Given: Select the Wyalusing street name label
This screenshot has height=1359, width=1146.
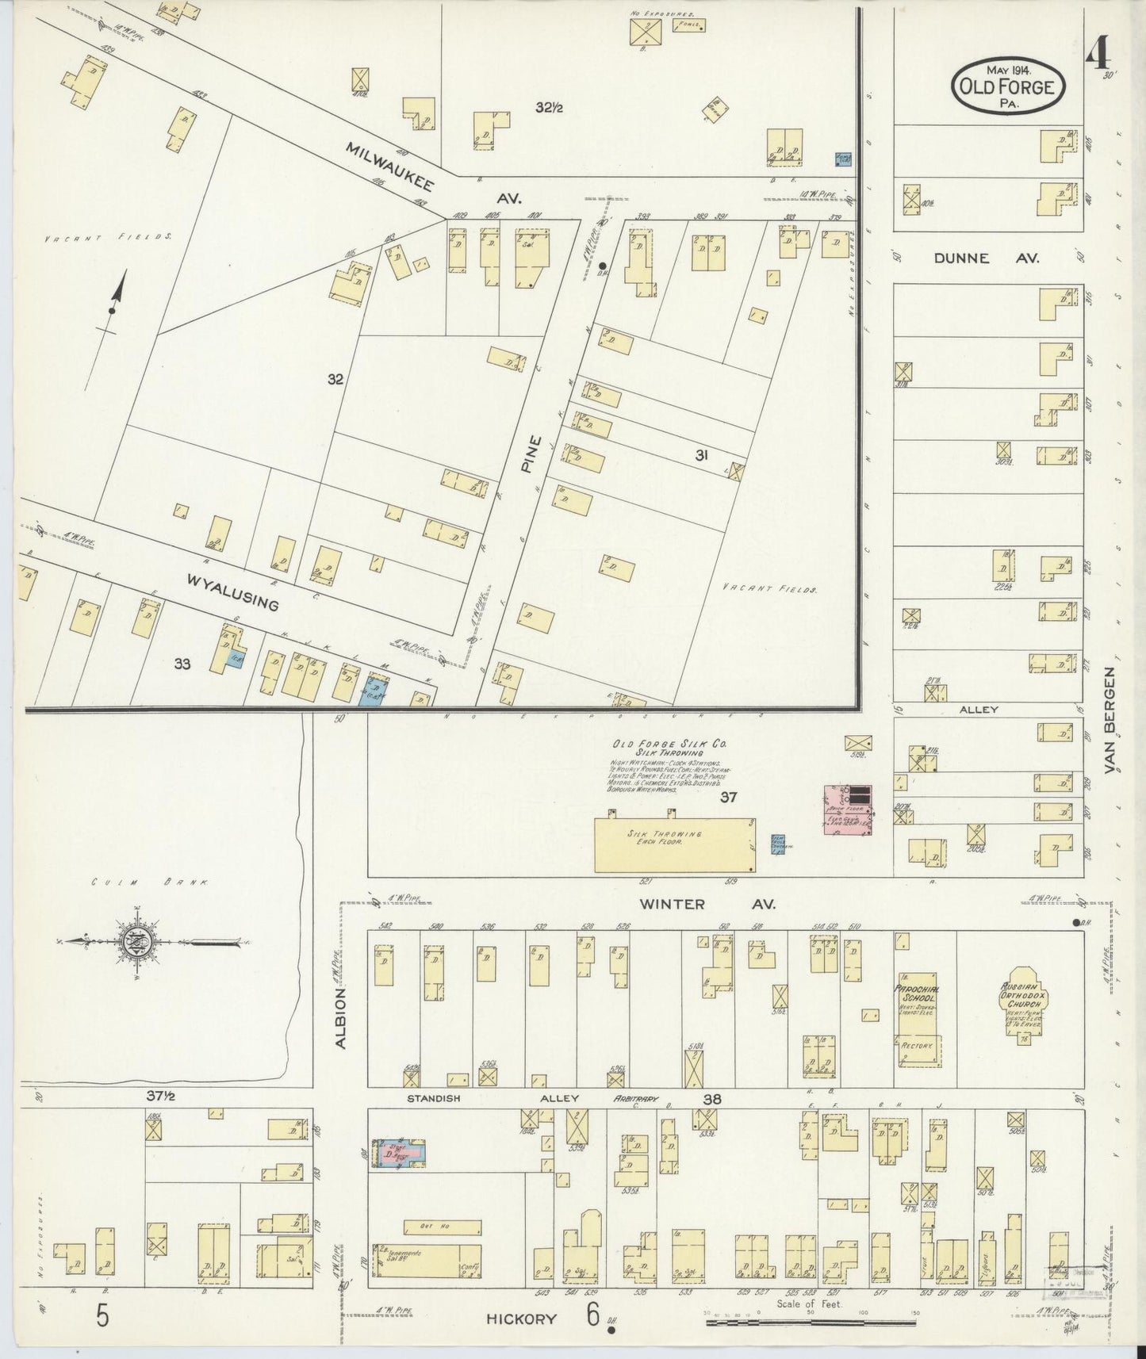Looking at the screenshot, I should click(x=232, y=592).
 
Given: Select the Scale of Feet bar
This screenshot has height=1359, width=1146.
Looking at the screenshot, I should click(x=809, y=1322).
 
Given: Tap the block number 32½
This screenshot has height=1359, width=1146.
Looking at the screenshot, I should click(x=548, y=108).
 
